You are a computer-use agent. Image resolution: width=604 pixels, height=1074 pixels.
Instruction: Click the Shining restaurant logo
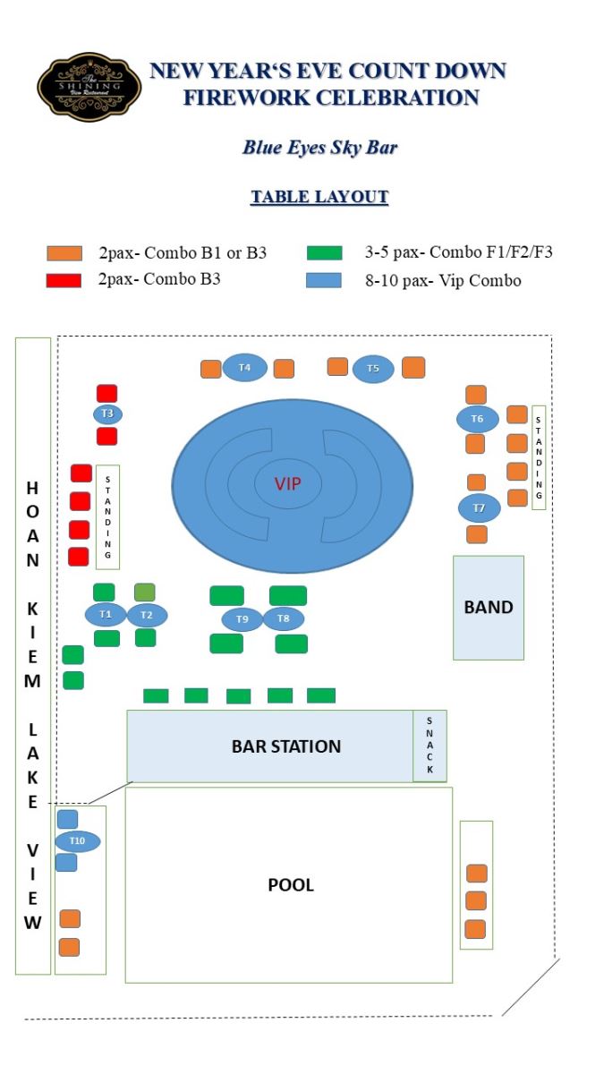89,87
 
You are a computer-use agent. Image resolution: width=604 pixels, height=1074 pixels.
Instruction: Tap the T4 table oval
244,368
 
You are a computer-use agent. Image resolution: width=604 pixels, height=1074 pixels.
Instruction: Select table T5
373,369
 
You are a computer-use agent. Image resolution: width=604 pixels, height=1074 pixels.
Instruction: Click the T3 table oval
107,413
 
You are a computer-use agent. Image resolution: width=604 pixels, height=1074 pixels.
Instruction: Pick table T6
477,419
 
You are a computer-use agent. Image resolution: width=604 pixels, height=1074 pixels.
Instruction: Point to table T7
480,508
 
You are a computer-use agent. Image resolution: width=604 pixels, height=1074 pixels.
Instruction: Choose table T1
106,615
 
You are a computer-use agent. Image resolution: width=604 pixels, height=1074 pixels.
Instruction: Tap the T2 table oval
147,615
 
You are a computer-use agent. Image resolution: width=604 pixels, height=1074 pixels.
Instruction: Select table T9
242,618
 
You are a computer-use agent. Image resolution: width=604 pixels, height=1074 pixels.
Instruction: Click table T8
284,618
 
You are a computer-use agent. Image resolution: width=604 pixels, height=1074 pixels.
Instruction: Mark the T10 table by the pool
77,841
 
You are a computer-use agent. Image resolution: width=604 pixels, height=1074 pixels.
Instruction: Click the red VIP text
288,484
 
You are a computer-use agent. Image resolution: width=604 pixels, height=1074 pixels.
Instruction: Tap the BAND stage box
488,608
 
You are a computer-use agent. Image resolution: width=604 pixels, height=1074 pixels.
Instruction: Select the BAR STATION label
286,746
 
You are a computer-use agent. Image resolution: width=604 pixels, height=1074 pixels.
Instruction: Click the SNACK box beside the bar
430,746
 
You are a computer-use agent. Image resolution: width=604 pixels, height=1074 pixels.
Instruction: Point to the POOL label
291,885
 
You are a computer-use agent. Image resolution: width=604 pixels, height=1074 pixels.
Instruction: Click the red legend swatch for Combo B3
64,279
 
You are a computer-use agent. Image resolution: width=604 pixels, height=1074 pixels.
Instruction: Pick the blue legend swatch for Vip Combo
324,279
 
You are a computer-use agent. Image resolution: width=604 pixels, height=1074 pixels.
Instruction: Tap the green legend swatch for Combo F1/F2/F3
324,253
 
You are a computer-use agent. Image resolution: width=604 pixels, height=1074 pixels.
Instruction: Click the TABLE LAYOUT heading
319,197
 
